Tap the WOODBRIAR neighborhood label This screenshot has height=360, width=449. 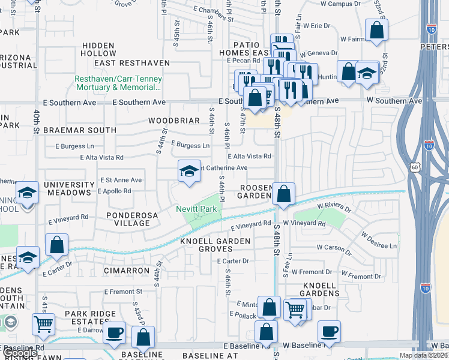174,121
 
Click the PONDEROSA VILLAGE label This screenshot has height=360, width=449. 127,218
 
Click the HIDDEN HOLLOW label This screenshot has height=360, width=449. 99,49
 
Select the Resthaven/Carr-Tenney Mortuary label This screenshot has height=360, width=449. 118,83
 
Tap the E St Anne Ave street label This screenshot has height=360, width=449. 121,179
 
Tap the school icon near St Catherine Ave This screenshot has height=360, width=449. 188,172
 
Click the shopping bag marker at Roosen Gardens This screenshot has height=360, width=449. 285,194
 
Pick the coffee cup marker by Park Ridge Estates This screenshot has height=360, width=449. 114,332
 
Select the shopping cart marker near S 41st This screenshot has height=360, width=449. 43,325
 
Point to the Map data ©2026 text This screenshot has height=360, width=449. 424,355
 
